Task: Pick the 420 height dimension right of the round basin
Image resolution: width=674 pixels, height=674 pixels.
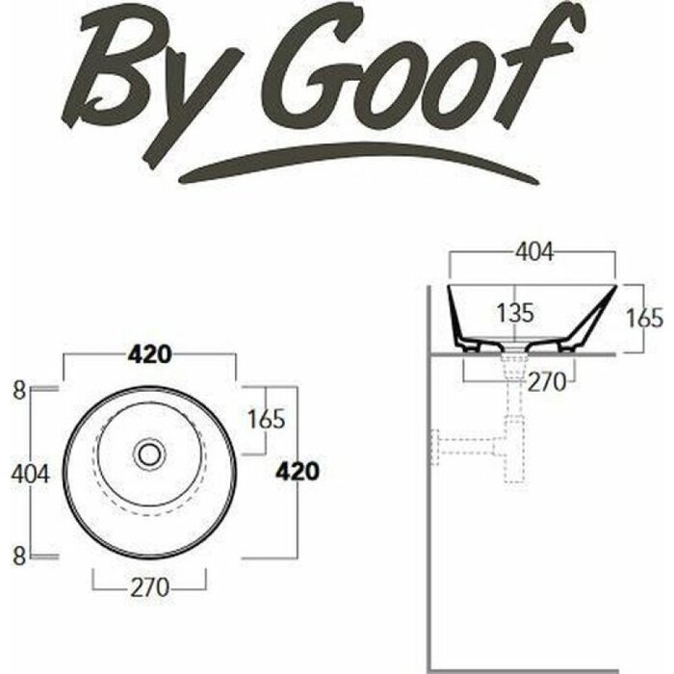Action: [x=297, y=471]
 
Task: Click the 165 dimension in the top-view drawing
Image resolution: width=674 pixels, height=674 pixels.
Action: [x=266, y=420]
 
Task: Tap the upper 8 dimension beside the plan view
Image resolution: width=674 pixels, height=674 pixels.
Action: [x=18, y=390]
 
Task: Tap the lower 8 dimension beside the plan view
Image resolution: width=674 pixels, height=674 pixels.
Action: [x=18, y=554]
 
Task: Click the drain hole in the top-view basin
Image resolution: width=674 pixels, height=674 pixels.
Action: [x=149, y=453]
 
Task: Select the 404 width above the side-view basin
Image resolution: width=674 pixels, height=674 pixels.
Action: [x=534, y=253]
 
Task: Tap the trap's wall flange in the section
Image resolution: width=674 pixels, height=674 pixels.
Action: [x=436, y=443]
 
